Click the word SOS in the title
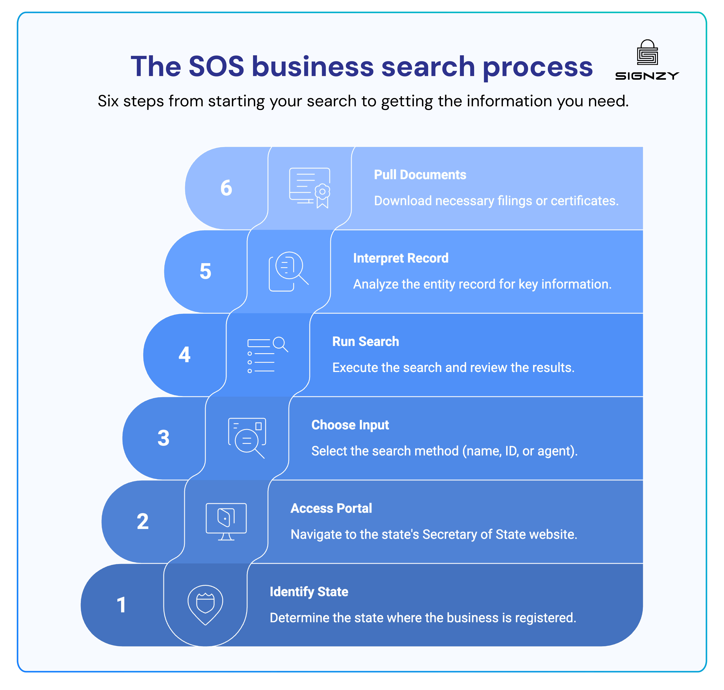click(216, 67)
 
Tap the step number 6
click(226, 188)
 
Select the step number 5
click(205, 271)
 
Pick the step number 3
click(163, 438)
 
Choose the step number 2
click(143, 522)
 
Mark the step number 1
click(121, 605)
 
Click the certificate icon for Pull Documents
click(310, 188)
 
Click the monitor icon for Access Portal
click(226, 522)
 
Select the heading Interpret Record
click(401, 258)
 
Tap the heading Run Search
click(365, 342)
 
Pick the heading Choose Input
click(350, 425)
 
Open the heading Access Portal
click(331, 508)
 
